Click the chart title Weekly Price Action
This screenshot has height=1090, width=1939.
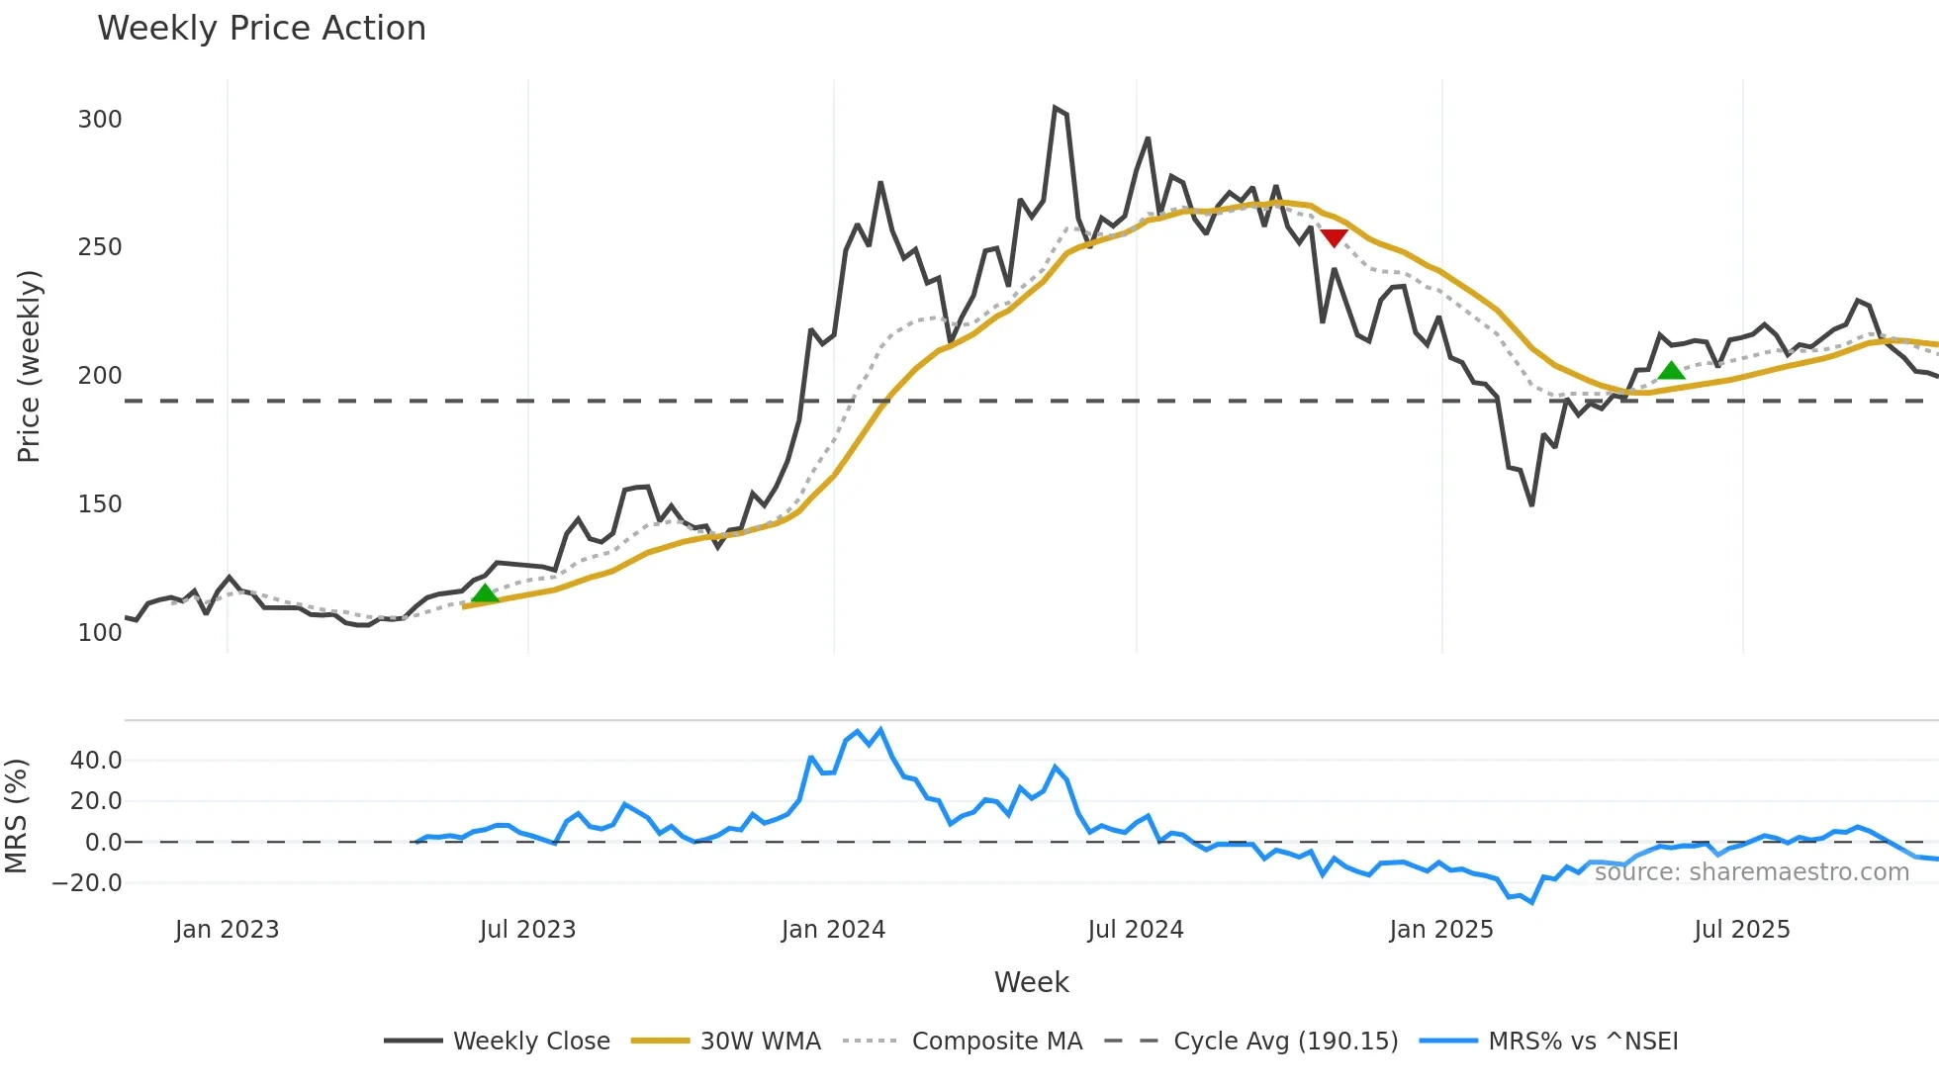coord(261,29)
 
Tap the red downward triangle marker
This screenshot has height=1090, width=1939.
coord(1334,237)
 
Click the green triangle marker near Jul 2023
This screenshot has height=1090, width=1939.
coord(485,593)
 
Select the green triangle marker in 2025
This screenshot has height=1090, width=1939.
coord(1671,371)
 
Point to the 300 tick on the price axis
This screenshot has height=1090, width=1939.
coord(100,120)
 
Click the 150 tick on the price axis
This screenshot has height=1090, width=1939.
coord(100,504)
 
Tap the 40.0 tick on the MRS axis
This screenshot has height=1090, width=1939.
coord(96,761)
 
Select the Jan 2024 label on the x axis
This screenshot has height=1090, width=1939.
coord(833,930)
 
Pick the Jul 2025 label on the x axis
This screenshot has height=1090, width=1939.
coord(1741,930)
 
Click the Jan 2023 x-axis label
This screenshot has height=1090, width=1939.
coord(227,930)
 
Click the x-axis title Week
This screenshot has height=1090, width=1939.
coord(1031,982)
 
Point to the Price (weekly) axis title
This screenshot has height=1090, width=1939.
coord(30,366)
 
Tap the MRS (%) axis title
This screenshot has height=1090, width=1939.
coord(17,816)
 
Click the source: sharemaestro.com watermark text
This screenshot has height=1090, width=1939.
coord(1751,872)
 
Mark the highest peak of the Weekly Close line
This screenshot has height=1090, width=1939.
coord(1055,108)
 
